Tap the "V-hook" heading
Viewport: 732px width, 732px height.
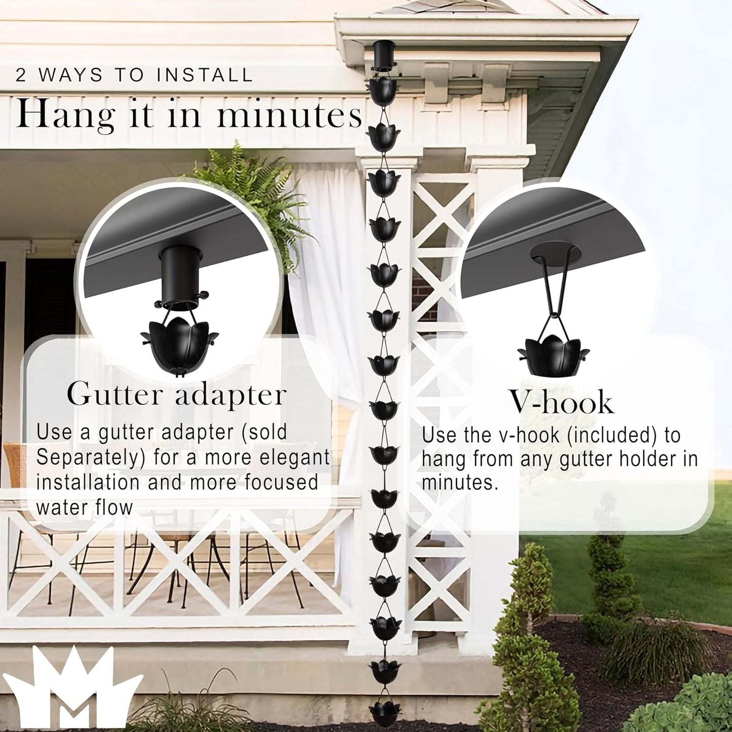[x=561, y=403]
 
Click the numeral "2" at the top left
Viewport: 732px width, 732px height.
[x=20, y=75]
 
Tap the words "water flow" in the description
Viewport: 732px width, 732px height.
[x=84, y=507]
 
